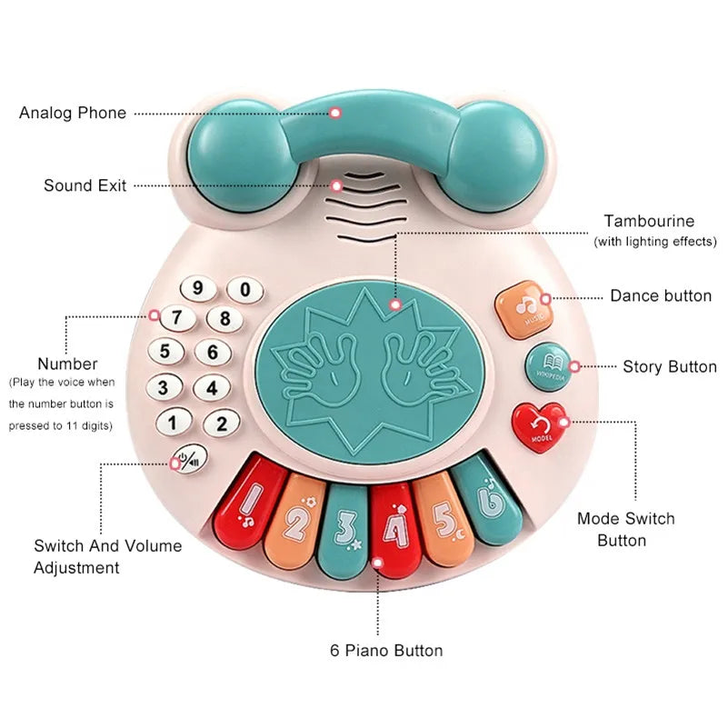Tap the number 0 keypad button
(244, 291)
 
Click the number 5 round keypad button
(165, 352)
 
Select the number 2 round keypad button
(220, 423)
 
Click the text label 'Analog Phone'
(73, 114)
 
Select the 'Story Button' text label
(670, 367)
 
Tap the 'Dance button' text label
(661, 296)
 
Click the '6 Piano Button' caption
(386, 651)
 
